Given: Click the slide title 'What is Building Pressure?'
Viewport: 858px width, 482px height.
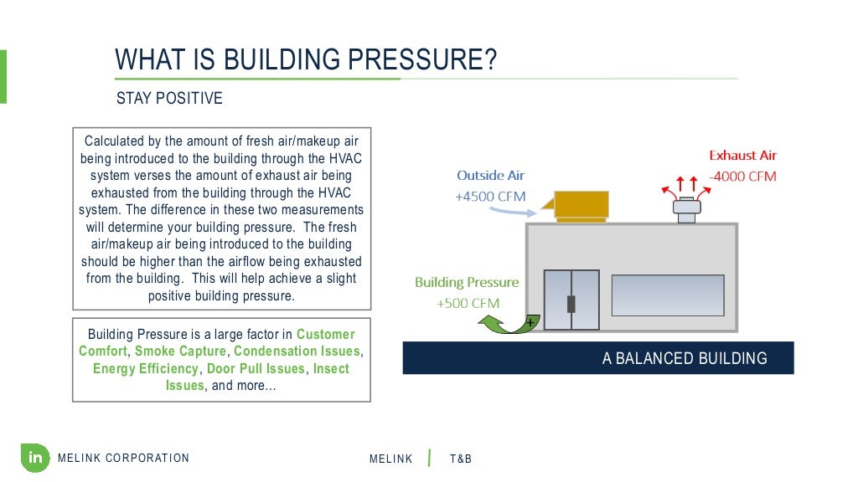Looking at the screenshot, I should [x=306, y=60].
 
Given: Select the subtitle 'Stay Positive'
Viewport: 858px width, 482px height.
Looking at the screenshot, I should [x=169, y=99].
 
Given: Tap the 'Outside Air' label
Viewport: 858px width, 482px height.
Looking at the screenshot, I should [x=490, y=176].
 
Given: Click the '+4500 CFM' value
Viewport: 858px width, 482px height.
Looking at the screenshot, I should [x=490, y=197].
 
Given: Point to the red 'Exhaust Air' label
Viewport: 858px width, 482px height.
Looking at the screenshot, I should [x=742, y=156].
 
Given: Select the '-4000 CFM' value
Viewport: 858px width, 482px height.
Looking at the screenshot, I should [x=742, y=177].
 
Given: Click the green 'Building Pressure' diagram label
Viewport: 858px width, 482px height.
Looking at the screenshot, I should [x=467, y=283].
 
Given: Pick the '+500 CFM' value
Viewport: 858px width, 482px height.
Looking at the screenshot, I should [x=468, y=303].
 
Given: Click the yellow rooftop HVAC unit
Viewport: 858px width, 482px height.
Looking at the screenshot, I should [x=580, y=206].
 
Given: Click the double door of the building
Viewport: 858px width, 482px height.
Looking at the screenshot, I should [x=571, y=300].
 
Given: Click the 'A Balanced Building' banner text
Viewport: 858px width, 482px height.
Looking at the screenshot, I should [x=684, y=359].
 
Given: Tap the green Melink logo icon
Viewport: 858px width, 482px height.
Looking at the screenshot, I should [x=35, y=457].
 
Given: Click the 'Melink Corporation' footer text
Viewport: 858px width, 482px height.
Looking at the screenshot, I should [x=124, y=458].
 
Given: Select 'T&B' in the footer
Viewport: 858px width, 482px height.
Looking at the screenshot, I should [x=461, y=459].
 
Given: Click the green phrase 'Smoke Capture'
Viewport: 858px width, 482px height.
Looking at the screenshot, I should [x=180, y=351].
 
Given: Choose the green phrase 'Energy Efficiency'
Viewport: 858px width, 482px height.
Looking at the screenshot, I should [x=146, y=369].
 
